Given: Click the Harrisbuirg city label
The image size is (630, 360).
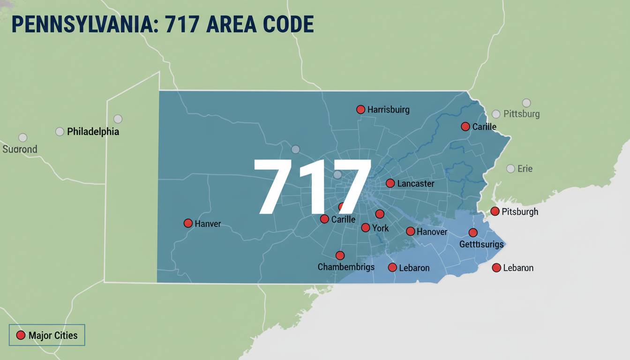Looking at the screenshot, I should point(388,110).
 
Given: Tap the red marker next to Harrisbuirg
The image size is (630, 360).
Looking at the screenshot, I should point(360,109).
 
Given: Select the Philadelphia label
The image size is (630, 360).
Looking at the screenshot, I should point(93,132).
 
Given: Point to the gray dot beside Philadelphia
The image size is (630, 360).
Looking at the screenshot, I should point(60,132).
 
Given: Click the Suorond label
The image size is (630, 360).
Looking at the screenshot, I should point(20,150).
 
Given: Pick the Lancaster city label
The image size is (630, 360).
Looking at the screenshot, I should point(415,184).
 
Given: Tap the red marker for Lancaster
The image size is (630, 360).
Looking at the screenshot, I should point(390,183).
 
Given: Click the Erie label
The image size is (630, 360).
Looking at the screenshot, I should point(525,169).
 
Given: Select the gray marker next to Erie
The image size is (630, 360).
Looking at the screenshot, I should point(510,169).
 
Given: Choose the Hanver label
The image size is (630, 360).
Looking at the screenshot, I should point(208,224).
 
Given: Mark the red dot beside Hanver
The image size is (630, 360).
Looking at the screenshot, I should point(188,223).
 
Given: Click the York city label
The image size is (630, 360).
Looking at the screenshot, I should point(380,228).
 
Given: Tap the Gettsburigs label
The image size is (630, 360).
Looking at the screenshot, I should point(481,244).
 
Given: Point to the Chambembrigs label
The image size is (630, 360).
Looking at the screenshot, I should point(346,267).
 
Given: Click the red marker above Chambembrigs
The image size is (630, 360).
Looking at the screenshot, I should point(340,255).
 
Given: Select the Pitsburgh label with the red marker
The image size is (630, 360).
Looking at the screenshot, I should point(520,212).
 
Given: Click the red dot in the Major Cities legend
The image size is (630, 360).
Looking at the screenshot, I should point(21,335).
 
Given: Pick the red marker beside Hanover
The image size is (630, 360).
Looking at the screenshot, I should point(410,231).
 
